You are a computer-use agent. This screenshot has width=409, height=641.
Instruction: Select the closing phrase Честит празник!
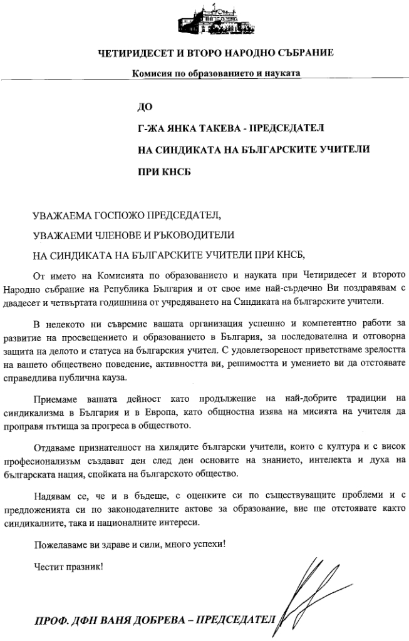68,567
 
